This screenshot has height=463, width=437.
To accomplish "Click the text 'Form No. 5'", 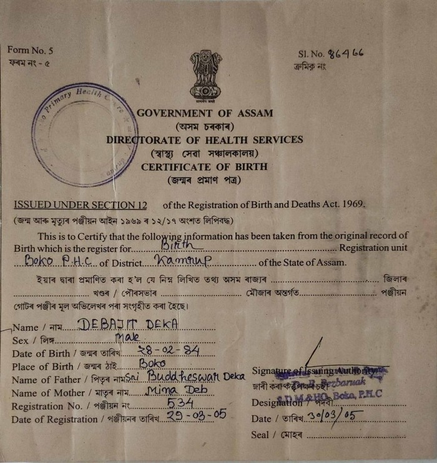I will pyautogui.click(x=31, y=50).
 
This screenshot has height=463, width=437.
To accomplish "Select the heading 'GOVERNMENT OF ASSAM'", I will pyautogui.click(x=205, y=113).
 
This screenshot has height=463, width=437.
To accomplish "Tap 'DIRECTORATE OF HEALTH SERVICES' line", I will pyautogui.click(x=204, y=140).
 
